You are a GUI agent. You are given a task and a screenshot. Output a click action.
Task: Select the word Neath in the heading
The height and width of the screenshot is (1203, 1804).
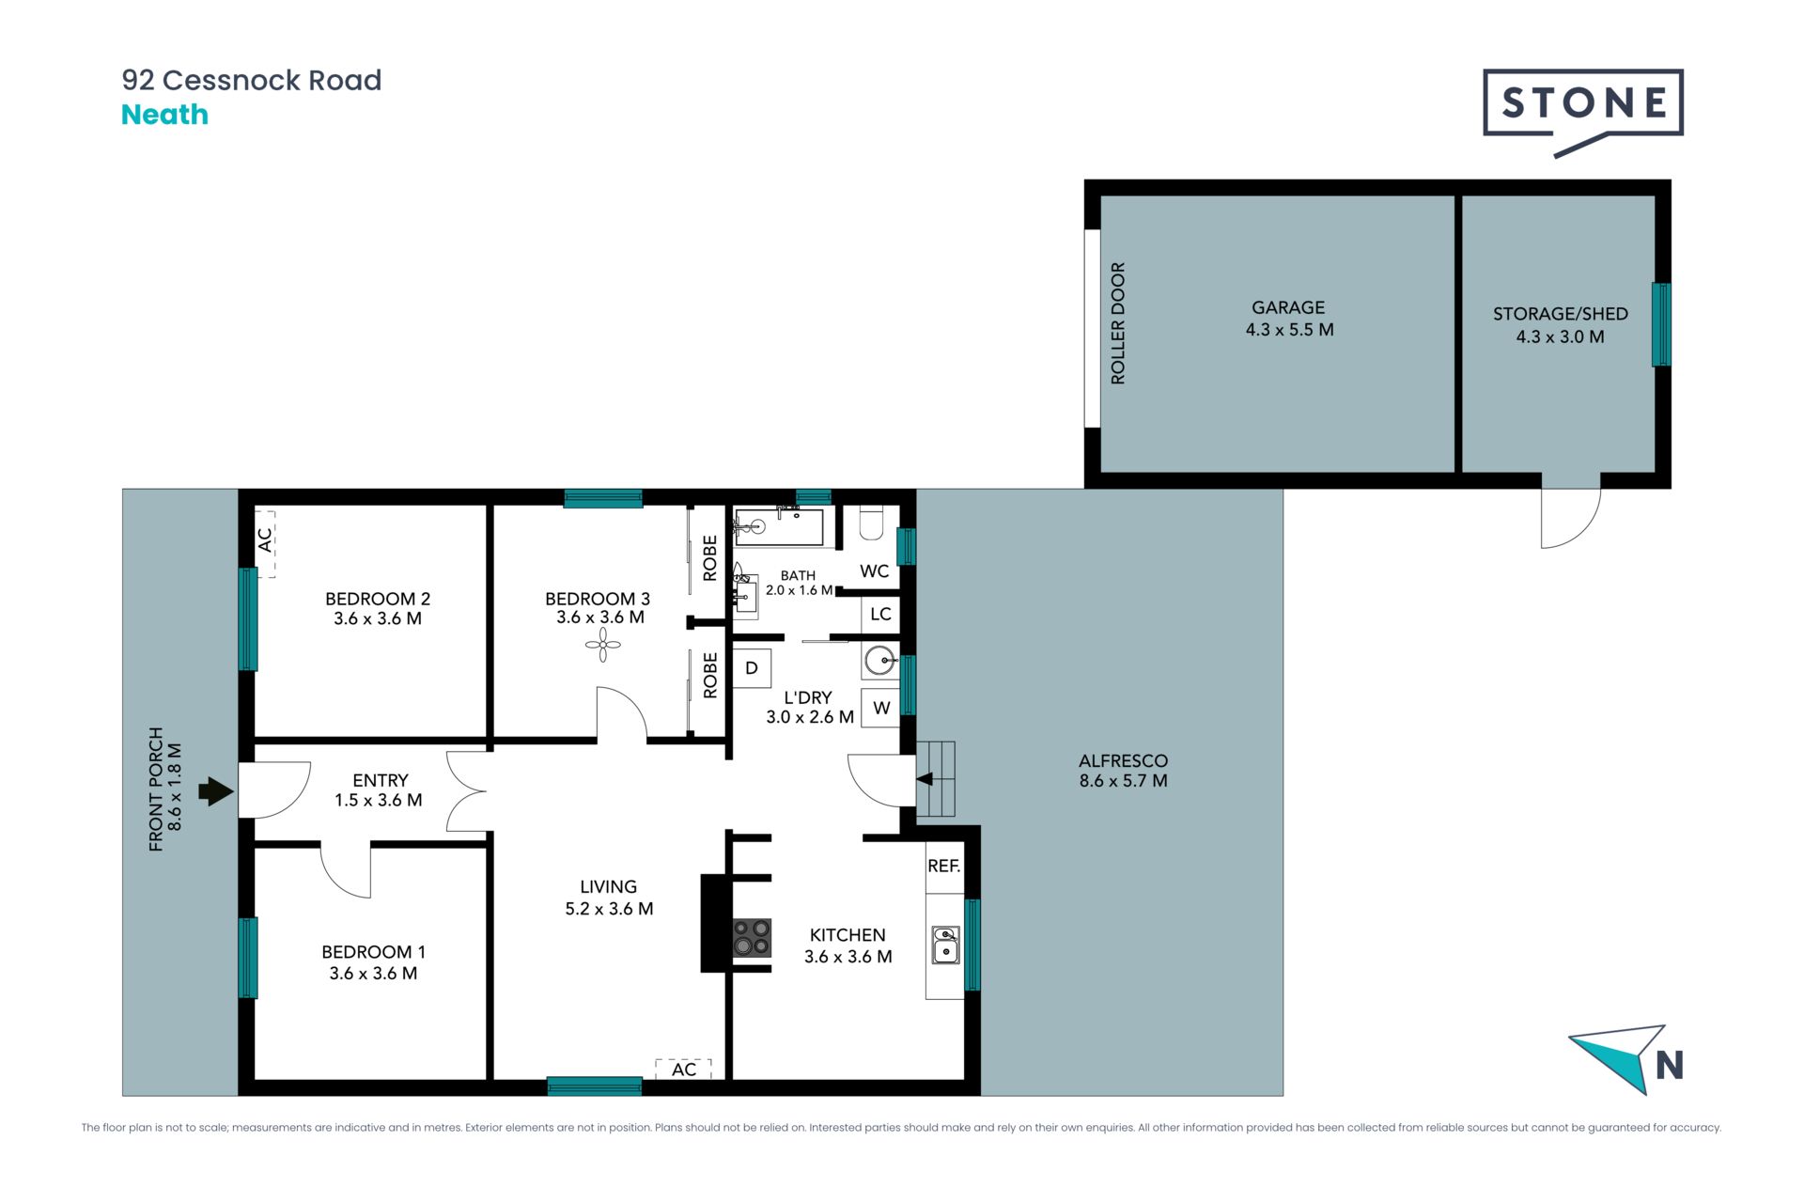click(164, 115)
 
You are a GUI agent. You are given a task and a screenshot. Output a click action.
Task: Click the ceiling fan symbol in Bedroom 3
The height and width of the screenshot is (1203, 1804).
click(602, 645)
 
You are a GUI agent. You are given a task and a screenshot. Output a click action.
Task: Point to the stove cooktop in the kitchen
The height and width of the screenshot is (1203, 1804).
click(752, 937)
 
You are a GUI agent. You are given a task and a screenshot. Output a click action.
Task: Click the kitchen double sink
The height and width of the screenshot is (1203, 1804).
click(945, 945)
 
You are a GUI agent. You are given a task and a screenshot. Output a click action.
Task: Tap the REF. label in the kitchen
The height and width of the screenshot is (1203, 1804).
click(943, 866)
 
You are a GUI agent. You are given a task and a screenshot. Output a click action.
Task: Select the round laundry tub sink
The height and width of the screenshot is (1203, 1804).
click(880, 661)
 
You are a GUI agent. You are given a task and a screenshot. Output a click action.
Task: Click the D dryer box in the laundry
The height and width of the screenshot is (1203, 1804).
click(752, 668)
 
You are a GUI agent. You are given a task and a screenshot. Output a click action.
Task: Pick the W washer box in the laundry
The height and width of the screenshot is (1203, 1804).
click(881, 708)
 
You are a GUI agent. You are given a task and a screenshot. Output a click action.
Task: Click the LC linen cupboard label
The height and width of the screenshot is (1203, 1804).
click(880, 615)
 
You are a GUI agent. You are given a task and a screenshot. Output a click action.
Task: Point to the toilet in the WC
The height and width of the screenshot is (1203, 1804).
click(871, 523)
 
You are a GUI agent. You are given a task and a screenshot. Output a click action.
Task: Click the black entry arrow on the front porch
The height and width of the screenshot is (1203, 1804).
click(215, 791)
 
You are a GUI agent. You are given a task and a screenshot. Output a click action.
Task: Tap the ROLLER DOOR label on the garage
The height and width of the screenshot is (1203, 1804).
click(1117, 323)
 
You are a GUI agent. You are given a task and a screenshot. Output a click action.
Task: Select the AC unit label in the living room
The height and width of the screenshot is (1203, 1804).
click(684, 1069)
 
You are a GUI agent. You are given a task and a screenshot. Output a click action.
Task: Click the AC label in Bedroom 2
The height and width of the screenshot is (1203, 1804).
click(265, 539)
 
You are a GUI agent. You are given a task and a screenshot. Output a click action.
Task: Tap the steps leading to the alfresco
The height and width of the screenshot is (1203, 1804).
click(936, 778)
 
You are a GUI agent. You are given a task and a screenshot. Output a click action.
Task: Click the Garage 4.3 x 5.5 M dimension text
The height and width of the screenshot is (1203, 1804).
click(1289, 330)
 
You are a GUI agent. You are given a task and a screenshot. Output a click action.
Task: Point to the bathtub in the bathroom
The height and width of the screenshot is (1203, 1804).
click(779, 526)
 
